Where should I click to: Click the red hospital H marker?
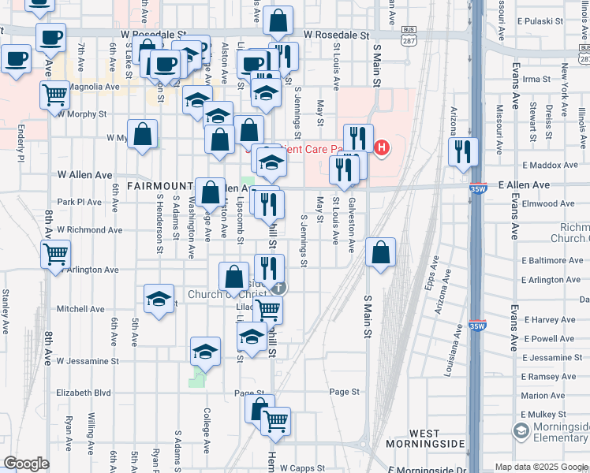383,147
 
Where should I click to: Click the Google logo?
26,464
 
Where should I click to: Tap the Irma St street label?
536,79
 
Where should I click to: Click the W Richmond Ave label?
89,230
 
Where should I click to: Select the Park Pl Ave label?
79,202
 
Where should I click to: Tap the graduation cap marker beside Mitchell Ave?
159,300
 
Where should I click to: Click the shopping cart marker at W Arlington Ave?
57,255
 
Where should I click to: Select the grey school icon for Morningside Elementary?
521,430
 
